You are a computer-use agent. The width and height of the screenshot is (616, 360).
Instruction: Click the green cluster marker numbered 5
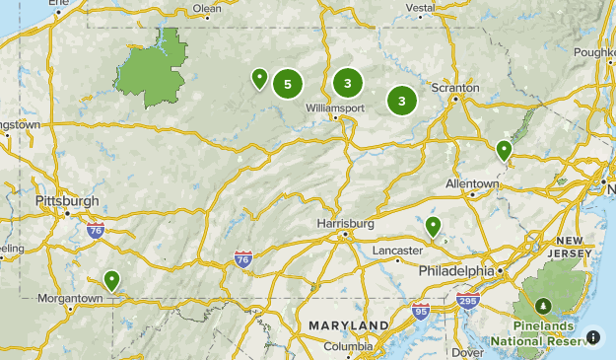pos(287,84)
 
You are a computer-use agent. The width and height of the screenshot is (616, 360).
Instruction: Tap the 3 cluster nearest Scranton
pos(402,100)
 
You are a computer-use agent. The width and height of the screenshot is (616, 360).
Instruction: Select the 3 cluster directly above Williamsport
pos(348,84)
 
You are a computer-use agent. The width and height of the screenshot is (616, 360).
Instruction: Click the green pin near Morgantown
pos(112,281)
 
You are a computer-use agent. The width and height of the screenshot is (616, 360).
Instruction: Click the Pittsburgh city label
pos(67,200)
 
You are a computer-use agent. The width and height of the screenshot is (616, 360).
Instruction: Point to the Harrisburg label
pos(345,224)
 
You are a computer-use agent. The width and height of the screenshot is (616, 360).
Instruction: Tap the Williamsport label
pos(335,107)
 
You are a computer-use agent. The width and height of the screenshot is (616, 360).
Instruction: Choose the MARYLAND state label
pos(348,325)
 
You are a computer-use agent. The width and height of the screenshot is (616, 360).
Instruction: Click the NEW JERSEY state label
pos(575,248)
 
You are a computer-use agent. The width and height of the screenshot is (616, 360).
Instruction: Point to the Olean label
pos(207,9)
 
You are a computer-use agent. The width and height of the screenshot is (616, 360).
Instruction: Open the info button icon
pos(593,337)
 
